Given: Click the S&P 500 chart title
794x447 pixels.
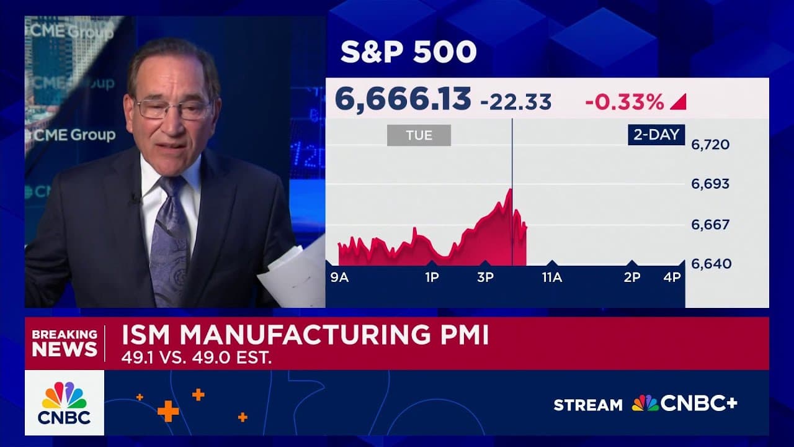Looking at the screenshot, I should pos(408,53).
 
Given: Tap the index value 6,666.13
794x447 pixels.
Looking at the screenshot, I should pos(403,99).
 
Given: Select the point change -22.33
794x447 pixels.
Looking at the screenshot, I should pos(515,102).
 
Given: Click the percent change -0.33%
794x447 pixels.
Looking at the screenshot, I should pos(624,102).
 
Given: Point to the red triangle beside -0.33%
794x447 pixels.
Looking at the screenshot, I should pos(679,102).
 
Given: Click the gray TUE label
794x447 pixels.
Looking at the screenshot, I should pos(419,135).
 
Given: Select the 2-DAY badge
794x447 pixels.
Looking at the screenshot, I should pos(656,135).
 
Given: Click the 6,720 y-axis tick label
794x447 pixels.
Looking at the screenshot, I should pos(710,145).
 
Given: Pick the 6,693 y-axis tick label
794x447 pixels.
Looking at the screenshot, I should pos(710,184).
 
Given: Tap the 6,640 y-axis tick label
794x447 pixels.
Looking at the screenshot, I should pos(710,264).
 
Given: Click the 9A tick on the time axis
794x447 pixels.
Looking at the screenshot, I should pos(339,278).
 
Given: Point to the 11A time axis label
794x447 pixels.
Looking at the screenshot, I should pos(551,278).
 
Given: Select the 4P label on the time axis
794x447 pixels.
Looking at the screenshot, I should pos(672,278).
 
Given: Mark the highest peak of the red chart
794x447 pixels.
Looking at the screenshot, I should pos(511,189).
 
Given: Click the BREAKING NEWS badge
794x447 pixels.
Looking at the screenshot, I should pos(65,343).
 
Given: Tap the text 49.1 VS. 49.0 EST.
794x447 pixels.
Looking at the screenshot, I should pos(197,359).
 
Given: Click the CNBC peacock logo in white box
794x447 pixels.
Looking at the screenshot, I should pos(65,402).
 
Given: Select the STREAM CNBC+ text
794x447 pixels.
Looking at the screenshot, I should pos(645,404).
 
